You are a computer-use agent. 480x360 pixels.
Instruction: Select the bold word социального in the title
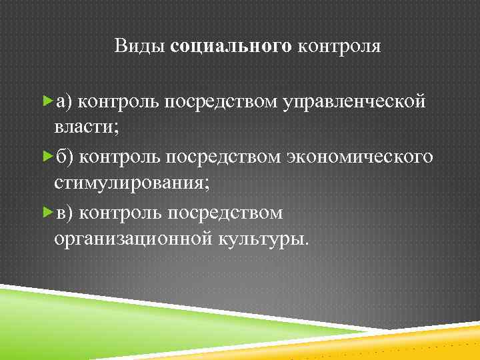231,46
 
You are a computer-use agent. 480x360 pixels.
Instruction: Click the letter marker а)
65,101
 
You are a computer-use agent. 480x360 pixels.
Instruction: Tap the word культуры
263,239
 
